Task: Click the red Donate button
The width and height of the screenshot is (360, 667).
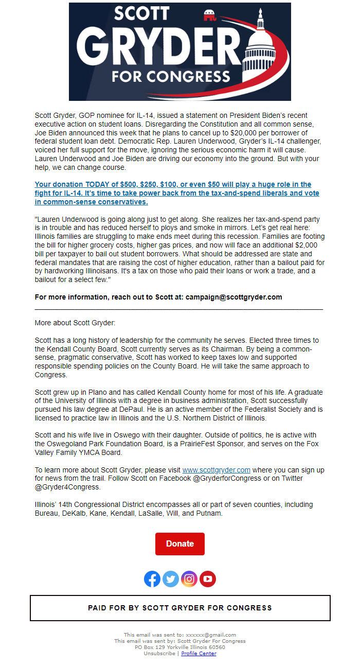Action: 180,544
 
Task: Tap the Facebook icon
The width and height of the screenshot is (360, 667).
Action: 152,579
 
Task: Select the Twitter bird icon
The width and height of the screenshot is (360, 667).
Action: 171,579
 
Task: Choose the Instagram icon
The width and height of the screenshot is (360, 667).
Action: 189,579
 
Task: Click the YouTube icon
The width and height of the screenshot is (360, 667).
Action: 208,579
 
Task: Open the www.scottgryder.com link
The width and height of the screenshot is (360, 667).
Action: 217,470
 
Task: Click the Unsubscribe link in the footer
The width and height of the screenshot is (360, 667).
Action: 159,654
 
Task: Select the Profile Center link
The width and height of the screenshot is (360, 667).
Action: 199,654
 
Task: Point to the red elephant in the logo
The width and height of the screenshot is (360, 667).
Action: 210,16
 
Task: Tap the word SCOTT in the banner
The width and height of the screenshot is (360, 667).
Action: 141,14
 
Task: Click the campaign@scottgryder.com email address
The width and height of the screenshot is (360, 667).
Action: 234,297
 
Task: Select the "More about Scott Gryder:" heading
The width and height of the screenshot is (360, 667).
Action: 75,323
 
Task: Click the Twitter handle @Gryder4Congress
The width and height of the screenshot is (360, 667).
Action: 68,487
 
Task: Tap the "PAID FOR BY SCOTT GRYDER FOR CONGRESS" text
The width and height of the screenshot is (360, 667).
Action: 180,608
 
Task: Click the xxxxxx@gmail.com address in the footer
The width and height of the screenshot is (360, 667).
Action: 211,635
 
